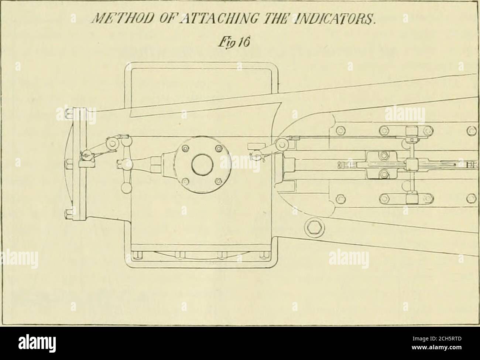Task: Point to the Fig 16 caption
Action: coord(240,40)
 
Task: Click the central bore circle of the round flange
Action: coord(202,165)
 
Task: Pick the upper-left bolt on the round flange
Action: coord(186,149)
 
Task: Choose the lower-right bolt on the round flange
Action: coord(219,181)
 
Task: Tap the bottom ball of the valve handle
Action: coord(126,188)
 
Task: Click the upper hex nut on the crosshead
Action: coord(383,156)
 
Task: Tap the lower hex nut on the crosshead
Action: coord(383,174)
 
